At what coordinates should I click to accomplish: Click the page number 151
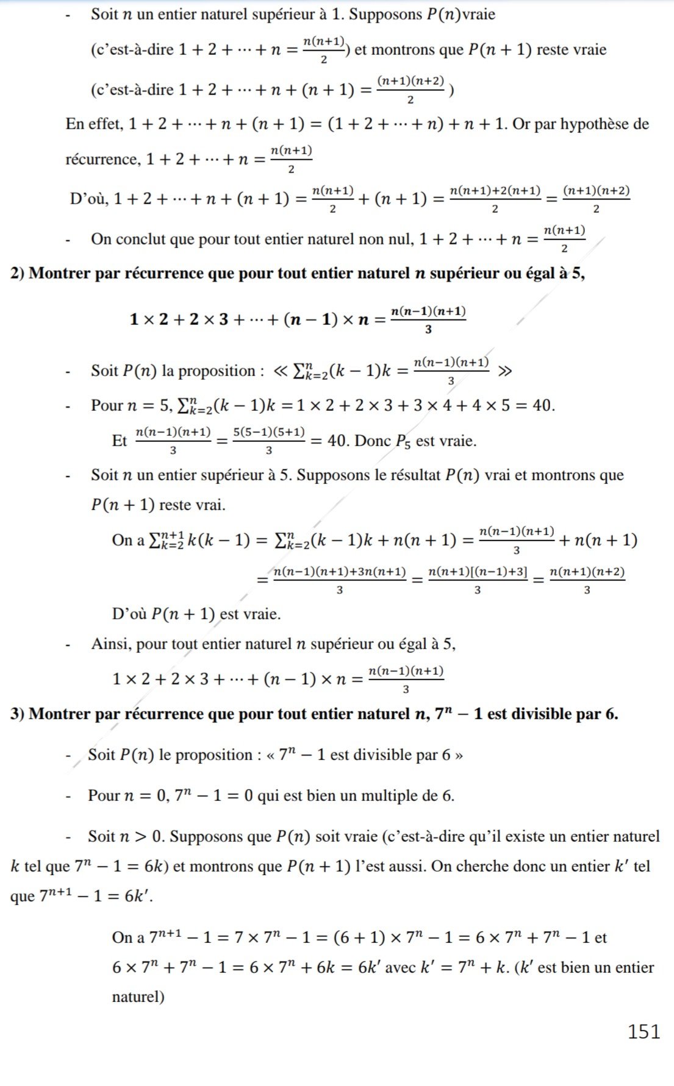(644, 1031)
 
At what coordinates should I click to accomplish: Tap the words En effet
(93, 124)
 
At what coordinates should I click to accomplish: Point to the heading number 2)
(17, 273)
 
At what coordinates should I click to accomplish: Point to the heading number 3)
(17, 714)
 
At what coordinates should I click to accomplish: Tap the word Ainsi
(111, 644)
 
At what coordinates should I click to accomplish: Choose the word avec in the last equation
(400, 967)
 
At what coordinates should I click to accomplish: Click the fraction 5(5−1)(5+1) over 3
(269, 441)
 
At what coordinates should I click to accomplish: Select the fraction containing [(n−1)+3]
(478, 580)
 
